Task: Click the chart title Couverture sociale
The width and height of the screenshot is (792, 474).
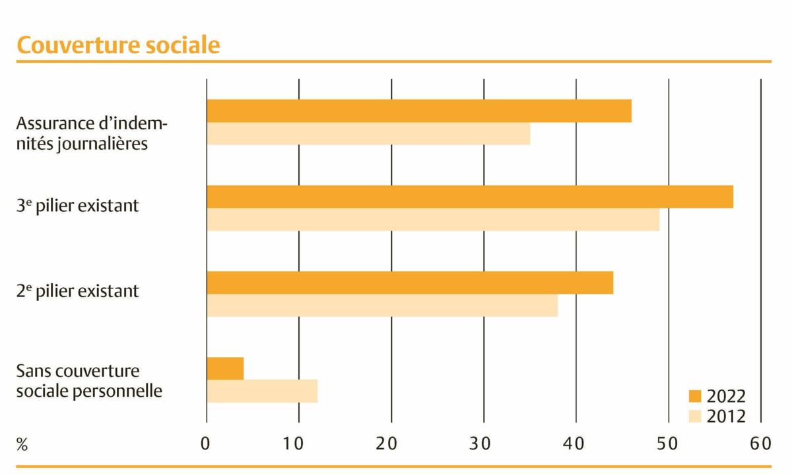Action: point(118,45)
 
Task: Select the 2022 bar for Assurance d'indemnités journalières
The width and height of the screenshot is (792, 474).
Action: point(419,111)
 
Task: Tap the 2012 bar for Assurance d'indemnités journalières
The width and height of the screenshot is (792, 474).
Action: point(368,134)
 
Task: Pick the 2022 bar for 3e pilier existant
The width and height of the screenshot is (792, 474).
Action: point(470,197)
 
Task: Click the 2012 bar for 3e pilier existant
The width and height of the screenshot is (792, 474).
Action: point(433,220)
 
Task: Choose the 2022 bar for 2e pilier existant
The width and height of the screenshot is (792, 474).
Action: point(410,283)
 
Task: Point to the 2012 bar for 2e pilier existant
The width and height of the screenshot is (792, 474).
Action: point(382,306)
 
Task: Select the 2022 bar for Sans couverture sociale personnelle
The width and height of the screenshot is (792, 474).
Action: point(225,368)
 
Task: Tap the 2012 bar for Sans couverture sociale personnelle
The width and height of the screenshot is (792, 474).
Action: point(262,391)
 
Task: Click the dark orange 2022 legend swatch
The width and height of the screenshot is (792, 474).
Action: point(696,396)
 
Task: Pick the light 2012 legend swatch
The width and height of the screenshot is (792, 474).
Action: point(696,417)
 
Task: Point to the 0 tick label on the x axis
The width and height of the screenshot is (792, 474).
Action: point(206,444)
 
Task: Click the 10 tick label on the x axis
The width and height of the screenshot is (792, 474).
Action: point(298,444)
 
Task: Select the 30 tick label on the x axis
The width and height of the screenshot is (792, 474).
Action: point(484,444)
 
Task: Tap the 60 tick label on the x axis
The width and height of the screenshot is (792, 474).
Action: point(760,444)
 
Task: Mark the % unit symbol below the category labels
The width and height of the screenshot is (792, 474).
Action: point(22,445)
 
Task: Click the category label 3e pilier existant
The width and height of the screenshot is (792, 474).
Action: point(78,205)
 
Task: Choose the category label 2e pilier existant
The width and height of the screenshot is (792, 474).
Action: point(78,291)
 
